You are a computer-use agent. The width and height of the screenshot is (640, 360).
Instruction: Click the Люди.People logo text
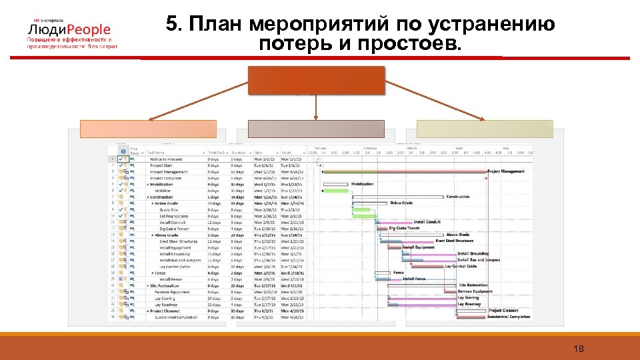(x=69, y=30)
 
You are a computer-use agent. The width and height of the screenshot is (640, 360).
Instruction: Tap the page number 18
(x=578, y=349)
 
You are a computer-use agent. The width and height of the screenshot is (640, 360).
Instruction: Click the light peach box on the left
(x=149, y=129)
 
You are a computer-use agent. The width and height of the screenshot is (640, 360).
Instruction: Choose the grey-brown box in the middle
(x=316, y=129)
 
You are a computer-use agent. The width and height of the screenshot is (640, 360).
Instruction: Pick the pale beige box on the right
(x=485, y=129)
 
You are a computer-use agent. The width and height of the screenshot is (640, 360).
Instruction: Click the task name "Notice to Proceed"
(x=165, y=159)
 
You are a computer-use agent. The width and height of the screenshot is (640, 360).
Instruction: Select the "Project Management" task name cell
(x=169, y=172)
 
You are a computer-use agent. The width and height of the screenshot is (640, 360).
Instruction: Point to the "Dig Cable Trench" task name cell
(x=174, y=229)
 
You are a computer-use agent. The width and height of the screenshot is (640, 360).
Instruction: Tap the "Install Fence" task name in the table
(x=173, y=279)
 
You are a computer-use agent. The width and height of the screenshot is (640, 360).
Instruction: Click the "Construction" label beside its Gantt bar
(x=458, y=197)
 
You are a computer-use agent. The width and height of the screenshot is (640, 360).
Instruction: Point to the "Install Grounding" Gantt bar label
(x=473, y=253)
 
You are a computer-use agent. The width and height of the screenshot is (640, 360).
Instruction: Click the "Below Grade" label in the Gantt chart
(x=401, y=203)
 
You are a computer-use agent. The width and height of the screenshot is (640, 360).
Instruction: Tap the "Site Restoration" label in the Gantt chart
(x=473, y=285)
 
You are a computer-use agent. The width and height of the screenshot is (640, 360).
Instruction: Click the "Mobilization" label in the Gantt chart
(x=362, y=184)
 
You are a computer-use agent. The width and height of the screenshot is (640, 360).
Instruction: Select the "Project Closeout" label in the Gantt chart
(x=503, y=310)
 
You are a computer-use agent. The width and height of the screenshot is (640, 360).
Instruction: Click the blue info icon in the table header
(x=122, y=151)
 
